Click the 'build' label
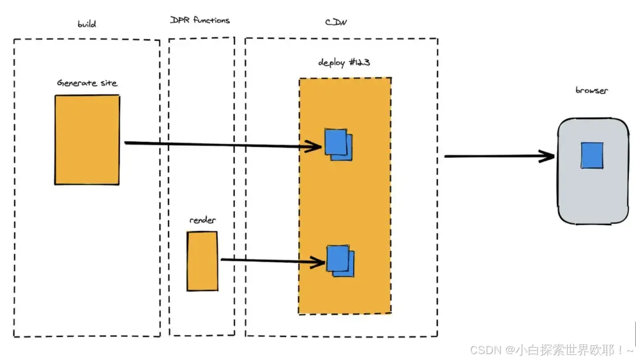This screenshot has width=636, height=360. (87, 24)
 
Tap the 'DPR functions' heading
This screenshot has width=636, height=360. (200, 20)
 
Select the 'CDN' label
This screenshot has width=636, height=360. (336, 22)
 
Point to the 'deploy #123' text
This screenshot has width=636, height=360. (344, 62)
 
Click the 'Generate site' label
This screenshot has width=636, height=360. (87, 83)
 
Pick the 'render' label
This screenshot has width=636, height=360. (203, 220)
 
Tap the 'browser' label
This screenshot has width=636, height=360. (591, 90)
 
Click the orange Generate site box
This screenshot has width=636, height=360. (87, 140)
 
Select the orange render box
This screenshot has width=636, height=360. (203, 262)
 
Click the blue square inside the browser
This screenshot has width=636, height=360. (592, 155)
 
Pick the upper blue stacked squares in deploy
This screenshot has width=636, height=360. (338, 144)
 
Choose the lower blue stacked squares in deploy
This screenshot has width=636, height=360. (340, 261)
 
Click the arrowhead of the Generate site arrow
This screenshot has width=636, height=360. (315, 146)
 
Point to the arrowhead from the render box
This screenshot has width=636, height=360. (318, 262)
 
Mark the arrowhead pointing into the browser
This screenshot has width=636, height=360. (548, 156)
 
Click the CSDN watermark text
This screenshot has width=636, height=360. (552, 349)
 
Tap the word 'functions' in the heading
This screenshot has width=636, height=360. (211, 20)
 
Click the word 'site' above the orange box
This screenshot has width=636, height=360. (109, 83)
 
